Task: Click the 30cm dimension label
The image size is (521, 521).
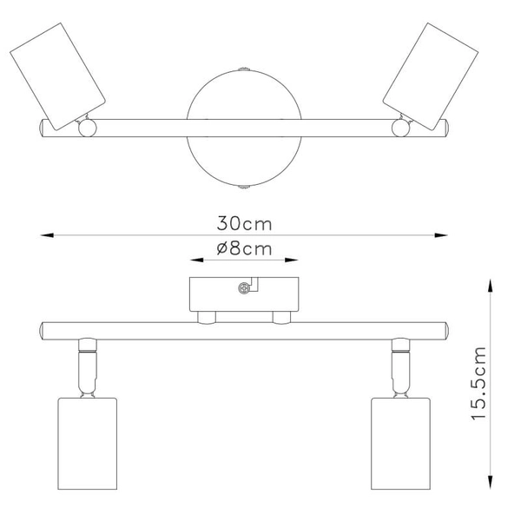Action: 245,223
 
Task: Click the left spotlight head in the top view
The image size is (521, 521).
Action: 56,77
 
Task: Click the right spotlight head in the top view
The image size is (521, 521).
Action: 429,76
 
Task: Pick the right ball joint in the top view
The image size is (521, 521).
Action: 401,129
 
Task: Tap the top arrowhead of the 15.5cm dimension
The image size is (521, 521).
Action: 491,284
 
